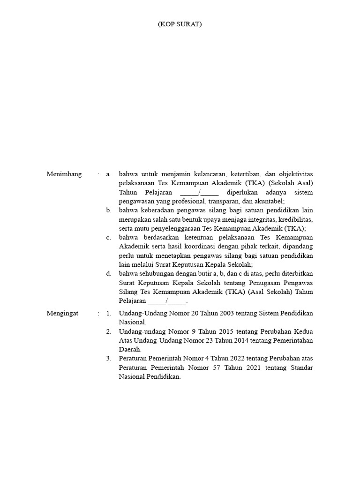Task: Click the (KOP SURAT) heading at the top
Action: [180, 24]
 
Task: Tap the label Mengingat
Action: [63, 313]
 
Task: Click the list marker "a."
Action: [108, 174]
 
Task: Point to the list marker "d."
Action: [108, 273]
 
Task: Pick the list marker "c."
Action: [108, 237]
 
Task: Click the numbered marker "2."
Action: [108, 331]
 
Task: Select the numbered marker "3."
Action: [108, 359]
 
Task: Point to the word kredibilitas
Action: [295, 219]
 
